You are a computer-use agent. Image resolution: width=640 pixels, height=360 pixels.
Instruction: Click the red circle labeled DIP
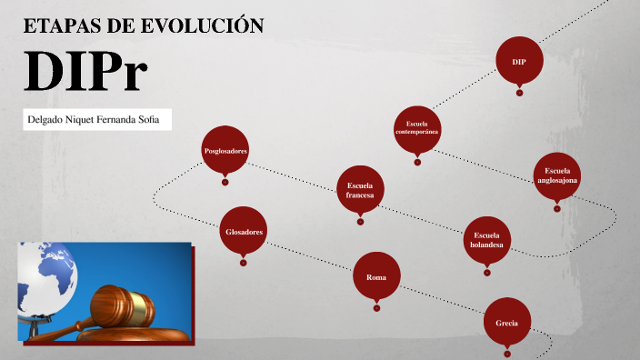(x=519, y=62)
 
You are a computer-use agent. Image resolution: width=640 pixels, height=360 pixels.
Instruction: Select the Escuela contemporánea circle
(x=417, y=128)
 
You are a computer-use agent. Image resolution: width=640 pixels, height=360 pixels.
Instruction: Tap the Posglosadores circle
(x=225, y=150)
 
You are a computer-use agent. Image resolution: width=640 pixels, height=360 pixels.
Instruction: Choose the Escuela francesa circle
(x=360, y=189)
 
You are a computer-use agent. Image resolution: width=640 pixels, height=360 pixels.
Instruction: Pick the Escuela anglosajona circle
(x=557, y=175)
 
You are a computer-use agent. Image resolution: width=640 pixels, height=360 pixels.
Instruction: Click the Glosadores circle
(x=244, y=232)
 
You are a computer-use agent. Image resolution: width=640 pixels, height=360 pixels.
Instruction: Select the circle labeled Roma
(x=376, y=276)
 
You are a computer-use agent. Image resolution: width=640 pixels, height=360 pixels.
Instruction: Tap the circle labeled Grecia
(x=507, y=323)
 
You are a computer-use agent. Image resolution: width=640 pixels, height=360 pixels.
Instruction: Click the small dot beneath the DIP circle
(x=519, y=92)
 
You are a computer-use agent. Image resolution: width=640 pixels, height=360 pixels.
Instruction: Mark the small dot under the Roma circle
(x=376, y=306)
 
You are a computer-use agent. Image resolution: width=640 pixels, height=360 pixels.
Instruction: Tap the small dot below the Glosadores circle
(x=244, y=263)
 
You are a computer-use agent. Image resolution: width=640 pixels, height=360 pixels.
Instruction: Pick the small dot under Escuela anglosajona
(x=557, y=207)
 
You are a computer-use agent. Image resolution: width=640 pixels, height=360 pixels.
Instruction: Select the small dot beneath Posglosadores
(x=225, y=181)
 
